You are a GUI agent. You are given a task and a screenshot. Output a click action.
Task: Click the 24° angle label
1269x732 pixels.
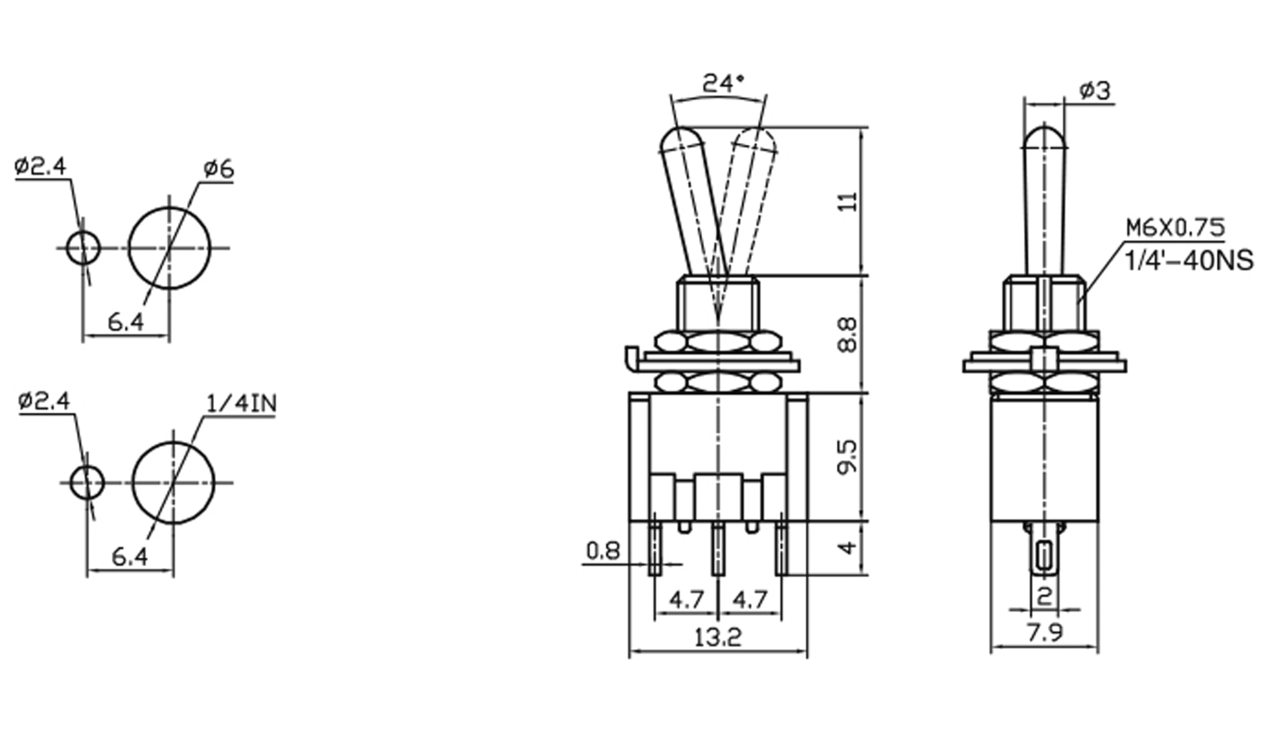(723, 84)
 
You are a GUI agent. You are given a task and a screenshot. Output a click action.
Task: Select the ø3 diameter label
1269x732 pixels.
(1095, 91)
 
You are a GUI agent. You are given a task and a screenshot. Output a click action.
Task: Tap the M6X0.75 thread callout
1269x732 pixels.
(1175, 228)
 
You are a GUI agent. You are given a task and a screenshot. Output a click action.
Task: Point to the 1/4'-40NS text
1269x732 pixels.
(1188, 260)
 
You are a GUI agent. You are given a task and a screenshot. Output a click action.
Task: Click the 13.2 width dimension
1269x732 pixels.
(718, 638)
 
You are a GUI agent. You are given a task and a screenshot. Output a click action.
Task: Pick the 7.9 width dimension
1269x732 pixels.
(1044, 633)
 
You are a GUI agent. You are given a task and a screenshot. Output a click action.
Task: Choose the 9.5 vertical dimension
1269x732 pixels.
(848, 456)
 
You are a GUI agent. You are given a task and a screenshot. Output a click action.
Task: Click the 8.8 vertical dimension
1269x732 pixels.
(848, 334)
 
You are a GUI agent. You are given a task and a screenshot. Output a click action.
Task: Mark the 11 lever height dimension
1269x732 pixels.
(847, 202)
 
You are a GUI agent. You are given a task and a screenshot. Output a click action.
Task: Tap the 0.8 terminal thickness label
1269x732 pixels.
(603, 551)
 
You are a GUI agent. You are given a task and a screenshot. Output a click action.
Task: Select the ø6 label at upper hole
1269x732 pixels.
(218, 169)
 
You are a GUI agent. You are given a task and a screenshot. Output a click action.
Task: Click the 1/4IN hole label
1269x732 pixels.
(242, 403)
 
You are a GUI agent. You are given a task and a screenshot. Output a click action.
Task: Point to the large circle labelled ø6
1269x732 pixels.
(170, 248)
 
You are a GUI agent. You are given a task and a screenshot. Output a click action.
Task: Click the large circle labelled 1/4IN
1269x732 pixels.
(173, 483)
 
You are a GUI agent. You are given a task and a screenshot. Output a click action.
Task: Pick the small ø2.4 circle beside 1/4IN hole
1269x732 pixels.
(87, 483)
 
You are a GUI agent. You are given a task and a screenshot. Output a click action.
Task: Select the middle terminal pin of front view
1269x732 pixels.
(718, 549)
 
